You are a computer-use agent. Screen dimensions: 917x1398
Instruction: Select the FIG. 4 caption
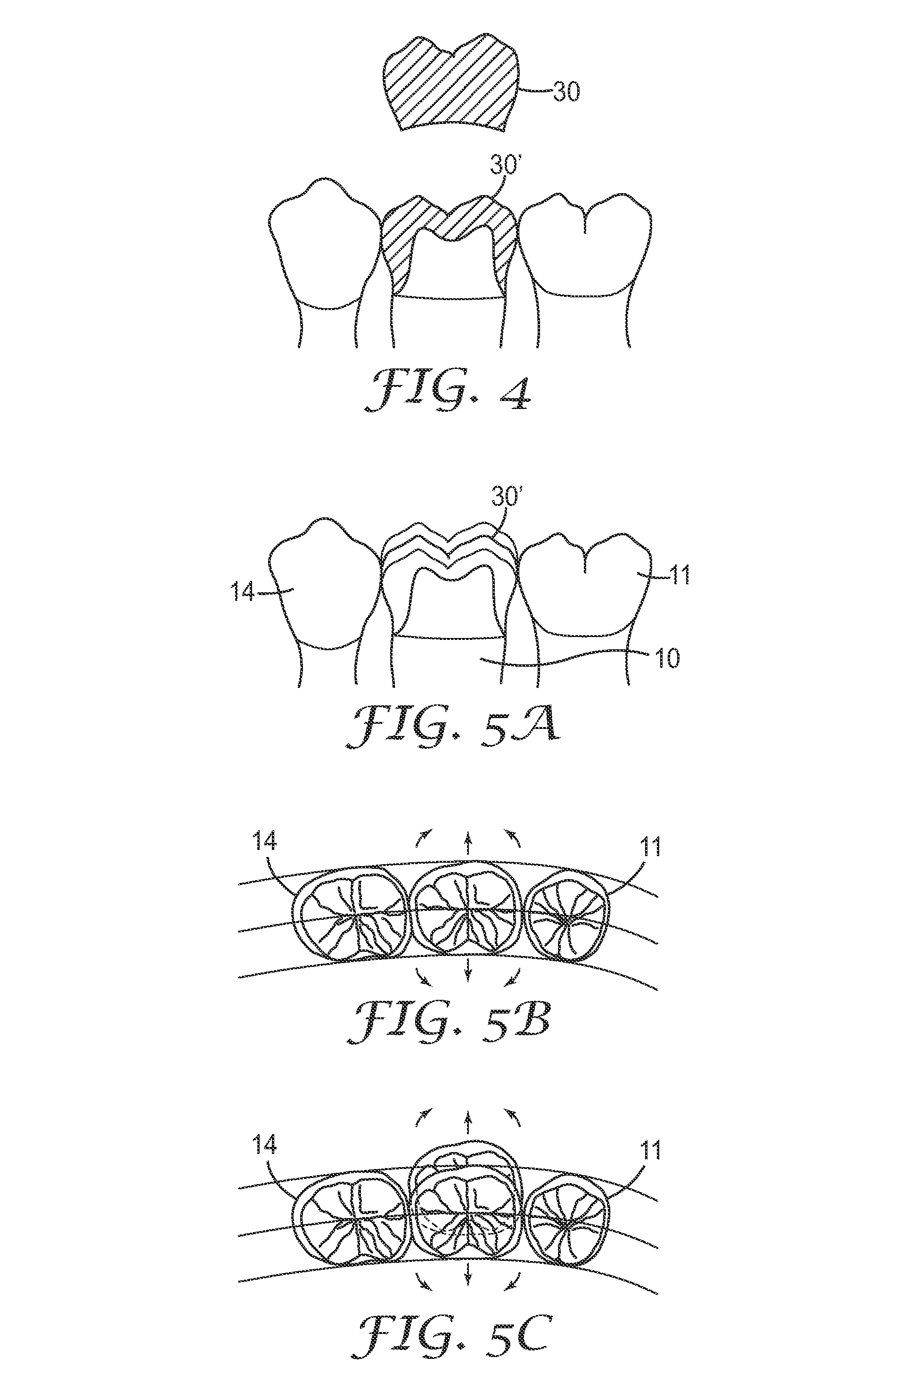pos(448,388)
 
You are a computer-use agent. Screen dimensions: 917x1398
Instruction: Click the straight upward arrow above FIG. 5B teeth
pos(467,843)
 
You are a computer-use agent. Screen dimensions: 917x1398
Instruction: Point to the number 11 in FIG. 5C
pos(648,1150)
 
